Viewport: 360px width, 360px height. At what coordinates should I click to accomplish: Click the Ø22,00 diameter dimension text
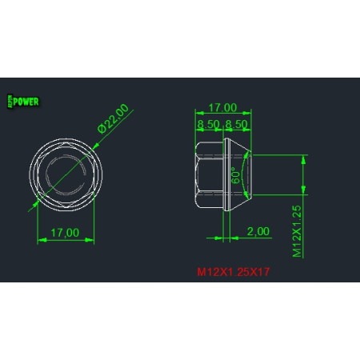pyautogui.click(x=113, y=118)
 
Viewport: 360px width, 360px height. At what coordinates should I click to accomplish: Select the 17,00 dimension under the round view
pyautogui.click(x=65, y=232)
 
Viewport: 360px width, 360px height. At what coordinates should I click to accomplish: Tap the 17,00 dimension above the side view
pyautogui.click(x=222, y=107)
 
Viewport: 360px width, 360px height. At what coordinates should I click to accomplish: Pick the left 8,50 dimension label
pyautogui.click(x=208, y=124)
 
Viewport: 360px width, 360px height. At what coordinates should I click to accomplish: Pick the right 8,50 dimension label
pyautogui.click(x=235, y=124)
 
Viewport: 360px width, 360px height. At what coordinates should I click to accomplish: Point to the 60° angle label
pyautogui.click(x=236, y=176)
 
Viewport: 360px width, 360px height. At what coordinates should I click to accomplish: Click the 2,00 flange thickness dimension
pyautogui.click(x=258, y=230)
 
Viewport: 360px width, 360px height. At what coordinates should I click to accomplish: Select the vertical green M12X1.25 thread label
pyautogui.click(x=296, y=230)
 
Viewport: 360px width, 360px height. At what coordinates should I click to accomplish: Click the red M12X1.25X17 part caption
pyautogui.click(x=234, y=272)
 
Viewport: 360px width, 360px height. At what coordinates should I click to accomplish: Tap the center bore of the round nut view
pyautogui.click(x=66, y=174)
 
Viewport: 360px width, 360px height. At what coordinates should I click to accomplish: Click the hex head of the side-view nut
pyautogui.click(x=210, y=174)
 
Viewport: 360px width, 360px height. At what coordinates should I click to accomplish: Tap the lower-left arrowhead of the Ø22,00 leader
pyautogui.click(x=37, y=203)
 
